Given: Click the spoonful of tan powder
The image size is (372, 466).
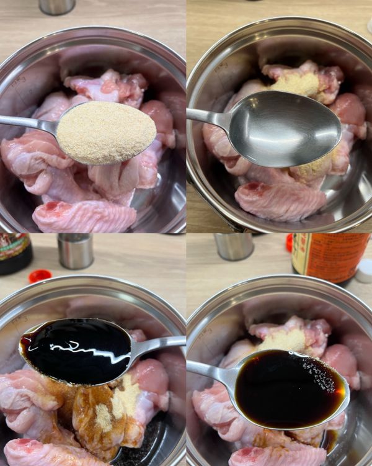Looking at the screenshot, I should point(106,132).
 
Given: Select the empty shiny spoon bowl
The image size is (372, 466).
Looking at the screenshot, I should point(286,128).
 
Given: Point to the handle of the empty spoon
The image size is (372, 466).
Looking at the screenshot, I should point(208,116).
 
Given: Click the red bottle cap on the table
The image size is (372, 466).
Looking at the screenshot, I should point(40,275).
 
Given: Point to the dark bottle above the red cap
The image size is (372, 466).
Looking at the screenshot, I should point(14,252).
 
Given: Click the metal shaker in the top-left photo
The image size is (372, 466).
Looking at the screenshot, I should point(57,6).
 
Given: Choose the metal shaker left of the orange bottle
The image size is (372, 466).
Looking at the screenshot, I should point(234,246).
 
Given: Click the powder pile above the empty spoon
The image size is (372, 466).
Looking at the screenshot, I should point(297,84).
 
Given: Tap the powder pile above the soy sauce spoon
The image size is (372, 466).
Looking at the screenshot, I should point(283,339).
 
